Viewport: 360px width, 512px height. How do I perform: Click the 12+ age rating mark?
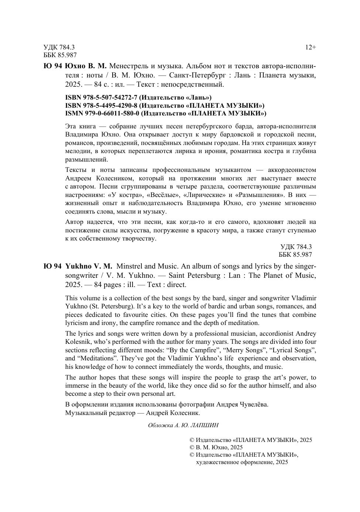pyautogui.click(x=310, y=47)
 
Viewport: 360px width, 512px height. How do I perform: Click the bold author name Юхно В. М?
pyautogui.click(x=86, y=66)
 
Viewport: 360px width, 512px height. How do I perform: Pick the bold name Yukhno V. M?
pyautogui.click(x=89, y=266)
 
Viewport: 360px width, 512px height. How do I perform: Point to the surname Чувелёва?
pyautogui.click(x=253, y=404)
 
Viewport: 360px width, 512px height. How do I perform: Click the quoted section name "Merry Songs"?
pyautogui.click(x=242, y=350)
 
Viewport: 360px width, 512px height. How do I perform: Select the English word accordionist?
pyautogui.click(x=267, y=334)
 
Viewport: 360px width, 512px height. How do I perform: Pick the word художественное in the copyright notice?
pyautogui.click(x=217, y=462)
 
